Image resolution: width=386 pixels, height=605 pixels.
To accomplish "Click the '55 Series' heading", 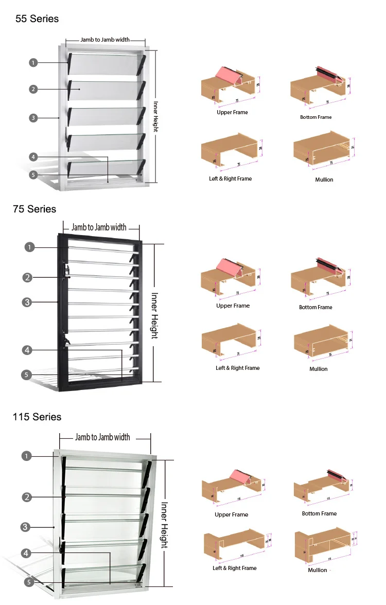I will coord(37,19).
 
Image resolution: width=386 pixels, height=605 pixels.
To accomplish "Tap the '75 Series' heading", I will coord(34,209).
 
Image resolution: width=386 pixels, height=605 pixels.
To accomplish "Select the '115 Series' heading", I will coord(37,417).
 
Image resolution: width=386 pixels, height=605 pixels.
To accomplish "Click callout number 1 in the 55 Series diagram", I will coord(33,63).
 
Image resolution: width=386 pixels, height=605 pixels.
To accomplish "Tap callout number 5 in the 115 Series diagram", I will coord(29,582).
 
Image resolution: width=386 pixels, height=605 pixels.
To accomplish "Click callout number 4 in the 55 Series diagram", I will coord(33,157).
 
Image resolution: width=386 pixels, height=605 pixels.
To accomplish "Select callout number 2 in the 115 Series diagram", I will coord(27,497).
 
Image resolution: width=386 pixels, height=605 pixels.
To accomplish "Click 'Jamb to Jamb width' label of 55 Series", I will coord(105,40).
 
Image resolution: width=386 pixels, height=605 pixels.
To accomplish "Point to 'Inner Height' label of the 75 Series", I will coord(154,315).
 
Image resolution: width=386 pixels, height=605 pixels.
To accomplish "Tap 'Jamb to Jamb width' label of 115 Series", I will coord(102,437).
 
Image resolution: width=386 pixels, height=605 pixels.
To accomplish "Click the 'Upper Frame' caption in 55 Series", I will coord(232,112).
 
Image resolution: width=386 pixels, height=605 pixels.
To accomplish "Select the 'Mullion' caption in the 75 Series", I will coord(319,369).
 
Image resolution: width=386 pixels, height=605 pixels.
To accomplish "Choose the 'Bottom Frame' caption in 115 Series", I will coord(319,513).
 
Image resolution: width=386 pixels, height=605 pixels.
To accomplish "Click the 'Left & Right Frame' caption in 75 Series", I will coord(237,368).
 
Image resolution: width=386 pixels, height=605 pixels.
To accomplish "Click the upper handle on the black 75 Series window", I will coord(66,271).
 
